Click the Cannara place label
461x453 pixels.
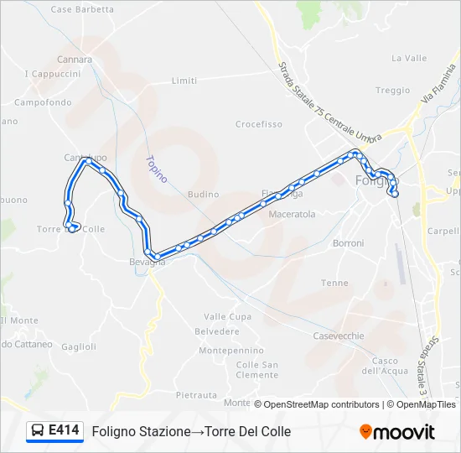pyautogui.click(x=75, y=60)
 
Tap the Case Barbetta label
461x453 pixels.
pyautogui.click(x=82, y=9)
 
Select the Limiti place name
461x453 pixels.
pyautogui.click(x=184, y=81)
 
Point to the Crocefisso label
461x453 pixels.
pyautogui.click(x=258, y=124)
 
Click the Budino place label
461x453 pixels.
pyautogui.click(x=203, y=194)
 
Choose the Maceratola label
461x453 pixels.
pyautogui.click(x=292, y=214)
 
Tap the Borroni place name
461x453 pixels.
pyautogui.click(x=348, y=243)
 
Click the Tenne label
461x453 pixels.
pyautogui.click(x=334, y=283)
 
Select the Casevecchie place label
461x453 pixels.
pyautogui.click(x=338, y=336)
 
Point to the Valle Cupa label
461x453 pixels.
pyautogui.click(x=227, y=317)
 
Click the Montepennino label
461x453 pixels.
pyautogui.click(x=231, y=350)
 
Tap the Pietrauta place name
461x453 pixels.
pyautogui.click(x=196, y=394)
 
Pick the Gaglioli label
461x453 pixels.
pyautogui.click(x=79, y=346)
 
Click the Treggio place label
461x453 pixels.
pyautogui.click(x=392, y=91)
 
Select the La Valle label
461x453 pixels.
pyautogui.click(x=409, y=59)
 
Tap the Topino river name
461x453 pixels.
pyautogui.click(x=156, y=169)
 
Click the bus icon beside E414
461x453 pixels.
pyautogui.click(x=38, y=431)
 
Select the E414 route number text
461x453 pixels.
pyautogui.click(x=64, y=431)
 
